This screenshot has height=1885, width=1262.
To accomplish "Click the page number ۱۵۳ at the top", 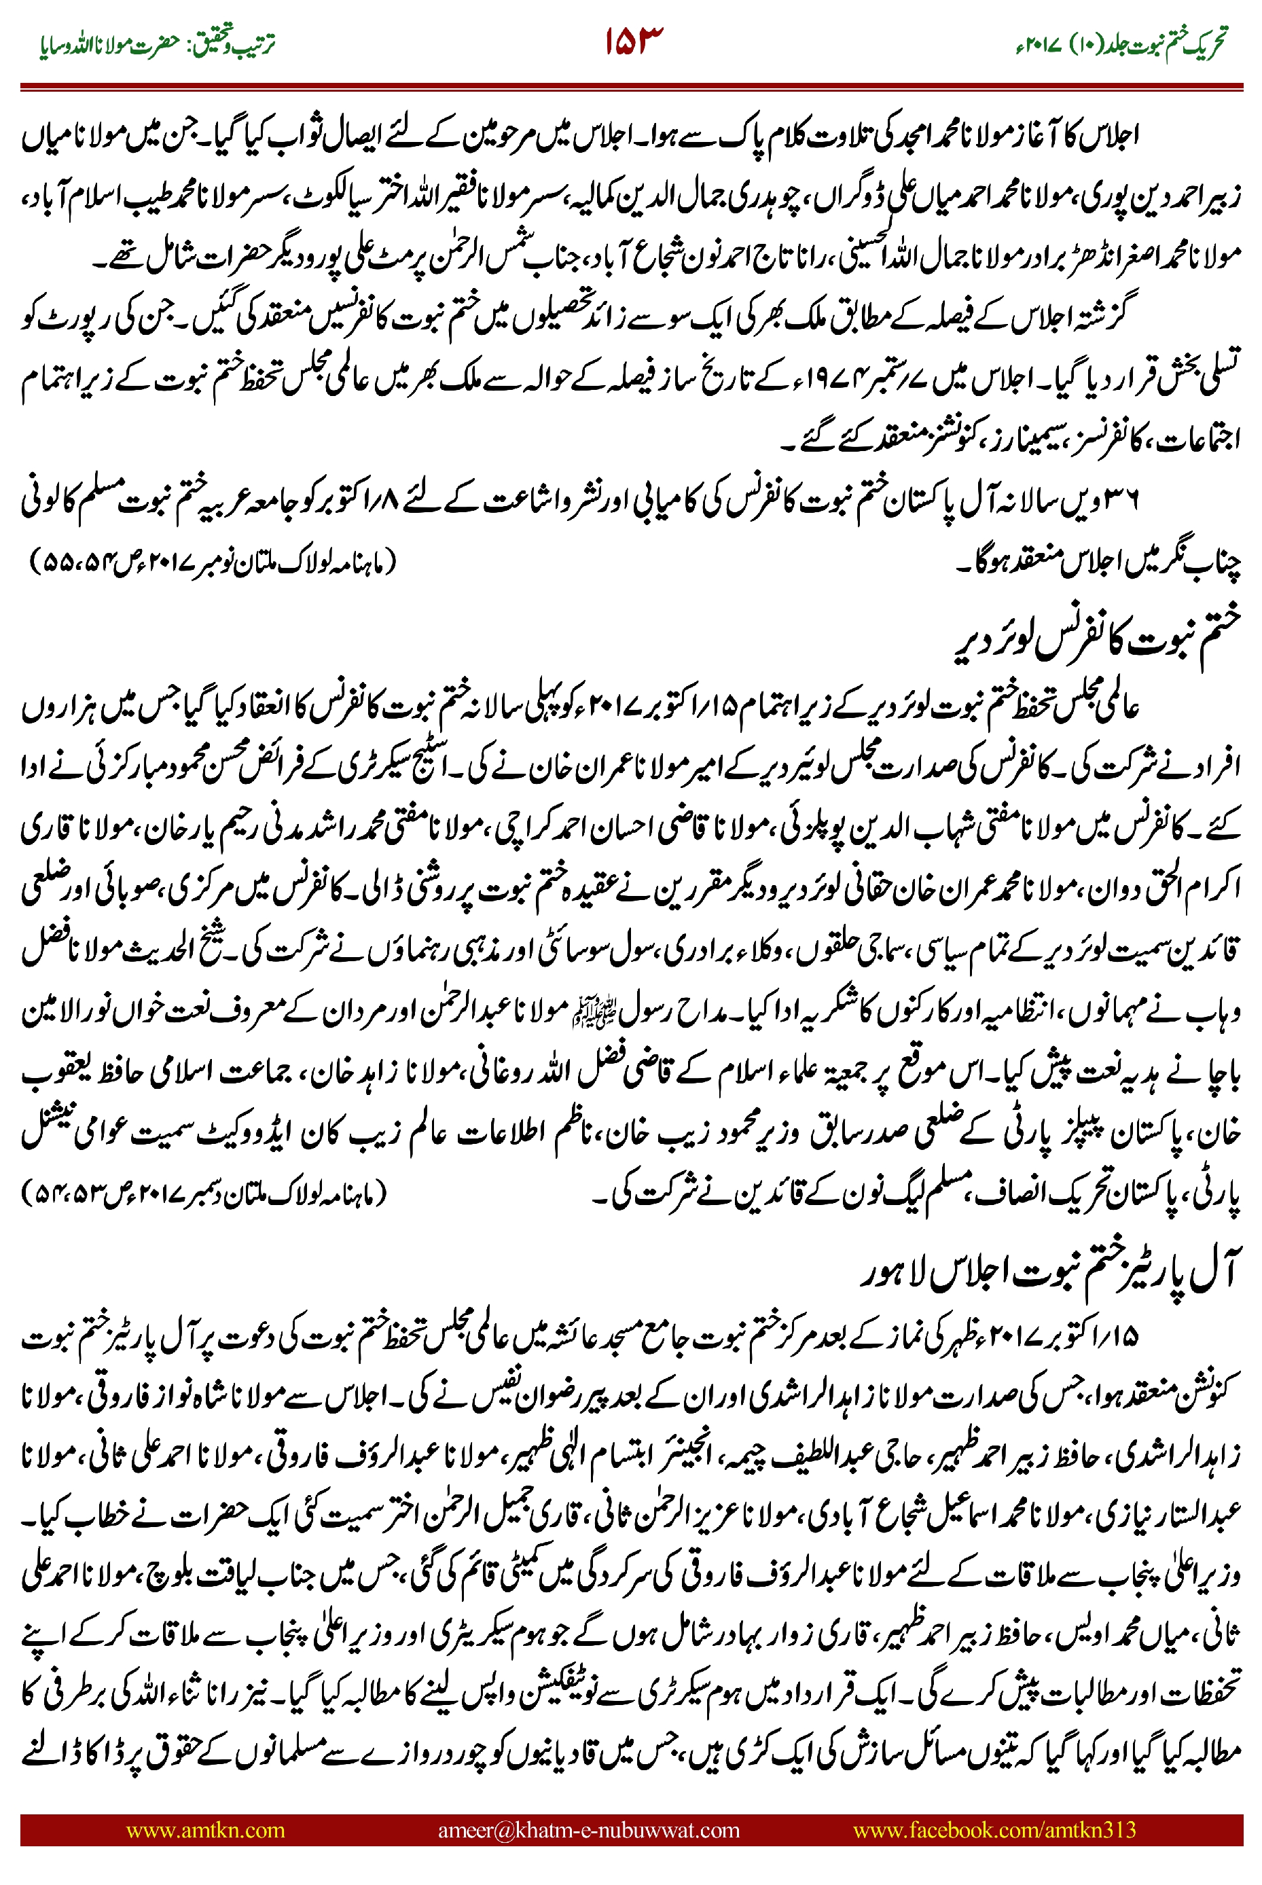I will pyautogui.click(x=634, y=42).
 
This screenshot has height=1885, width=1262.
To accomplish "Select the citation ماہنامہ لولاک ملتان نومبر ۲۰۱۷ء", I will pyautogui.click(x=213, y=561).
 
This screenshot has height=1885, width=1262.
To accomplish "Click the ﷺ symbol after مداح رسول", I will pyautogui.click(x=582, y=1013).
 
